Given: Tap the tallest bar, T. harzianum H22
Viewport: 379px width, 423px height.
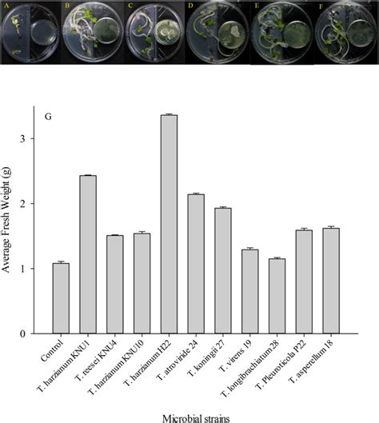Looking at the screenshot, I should pyautogui.click(x=168, y=224).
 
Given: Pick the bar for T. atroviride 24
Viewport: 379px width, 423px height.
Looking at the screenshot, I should pyautogui.click(x=195, y=264).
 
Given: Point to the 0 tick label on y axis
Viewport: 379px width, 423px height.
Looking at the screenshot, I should pyautogui.click(x=31, y=333).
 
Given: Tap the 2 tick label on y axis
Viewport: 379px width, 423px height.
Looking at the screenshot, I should pyautogui.click(x=31, y=204).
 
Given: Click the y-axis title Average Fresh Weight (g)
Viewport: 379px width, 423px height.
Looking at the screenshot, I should pyautogui.click(x=10, y=224).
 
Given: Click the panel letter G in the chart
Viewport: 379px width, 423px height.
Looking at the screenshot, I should pyautogui.click(x=49, y=117).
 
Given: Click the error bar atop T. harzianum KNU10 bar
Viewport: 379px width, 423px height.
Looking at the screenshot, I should pyautogui.click(x=142, y=233).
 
